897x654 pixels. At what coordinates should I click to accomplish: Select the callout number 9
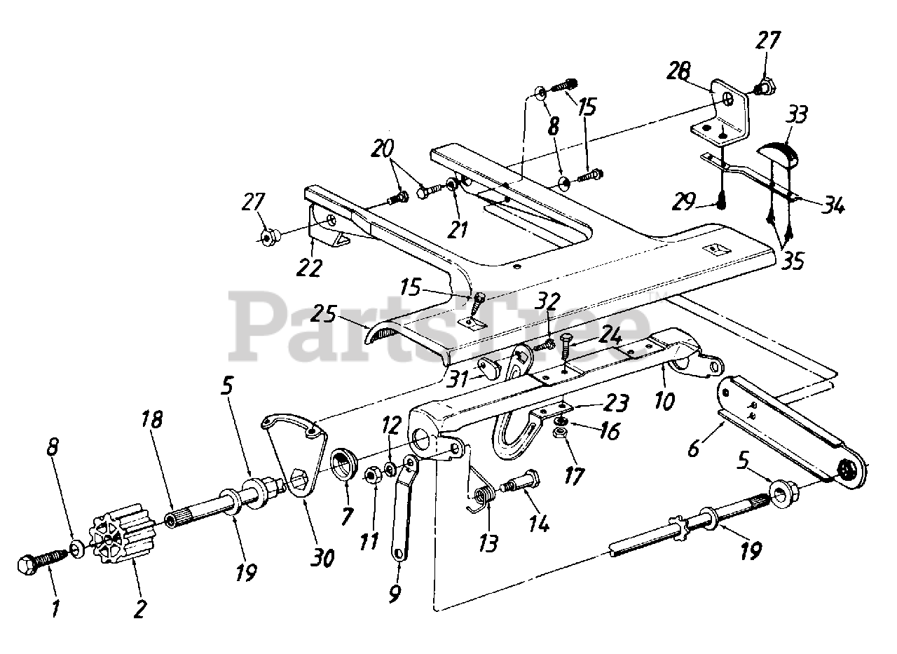394,594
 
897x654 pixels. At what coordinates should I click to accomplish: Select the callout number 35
792,260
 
